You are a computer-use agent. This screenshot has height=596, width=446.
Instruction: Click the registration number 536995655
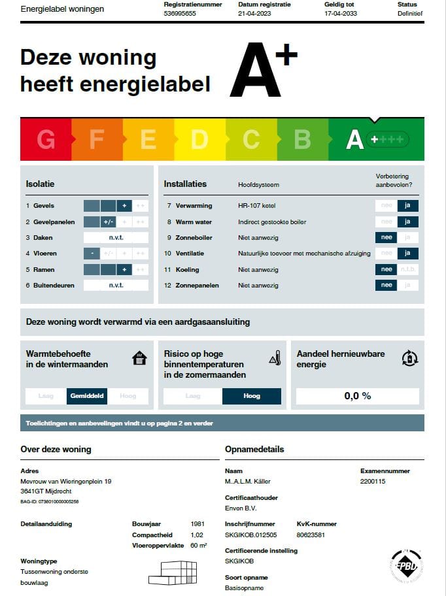[180, 13]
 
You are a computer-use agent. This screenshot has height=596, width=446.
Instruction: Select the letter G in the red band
[46, 139]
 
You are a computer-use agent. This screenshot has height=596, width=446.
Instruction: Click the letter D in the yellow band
[199, 139]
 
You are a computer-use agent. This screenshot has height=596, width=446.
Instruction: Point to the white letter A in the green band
[354, 139]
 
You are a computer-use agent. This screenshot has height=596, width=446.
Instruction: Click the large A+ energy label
[262, 71]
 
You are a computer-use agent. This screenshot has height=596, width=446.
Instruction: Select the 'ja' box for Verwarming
[407, 206]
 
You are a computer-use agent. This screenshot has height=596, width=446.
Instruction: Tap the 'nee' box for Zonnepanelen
[386, 286]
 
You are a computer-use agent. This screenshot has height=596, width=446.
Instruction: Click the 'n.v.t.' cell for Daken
[116, 238]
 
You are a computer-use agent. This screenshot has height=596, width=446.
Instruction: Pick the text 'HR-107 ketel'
[257, 206]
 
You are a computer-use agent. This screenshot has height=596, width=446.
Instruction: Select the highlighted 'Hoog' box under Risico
[251, 396]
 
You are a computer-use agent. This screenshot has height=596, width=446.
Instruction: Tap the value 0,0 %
[357, 396]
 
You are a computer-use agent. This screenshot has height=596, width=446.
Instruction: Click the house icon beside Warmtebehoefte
[139, 358]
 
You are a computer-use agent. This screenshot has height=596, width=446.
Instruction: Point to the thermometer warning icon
[275, 358]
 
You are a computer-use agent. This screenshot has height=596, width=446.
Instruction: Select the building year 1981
[197, 524]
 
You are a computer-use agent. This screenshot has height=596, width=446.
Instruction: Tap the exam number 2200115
[373, 482]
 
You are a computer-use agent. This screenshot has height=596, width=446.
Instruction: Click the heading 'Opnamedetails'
[254, 450]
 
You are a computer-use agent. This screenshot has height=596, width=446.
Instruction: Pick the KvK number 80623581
[311, 535]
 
